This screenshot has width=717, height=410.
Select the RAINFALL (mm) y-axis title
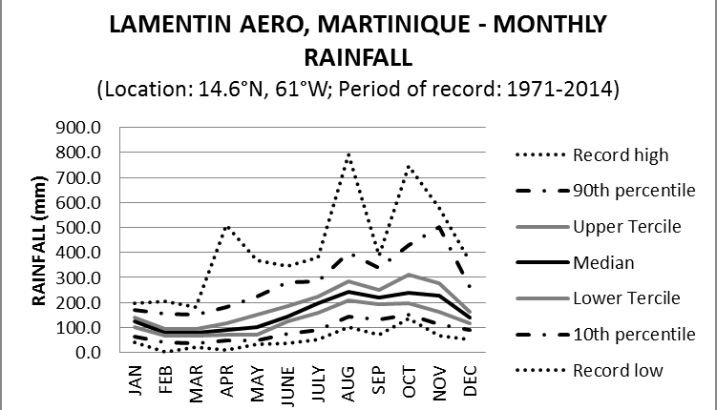[41, 238]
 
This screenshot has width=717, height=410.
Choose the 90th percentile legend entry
[632, 190]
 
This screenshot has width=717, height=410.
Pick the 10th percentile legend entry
[632, 335]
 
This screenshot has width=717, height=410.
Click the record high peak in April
[229, 226]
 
